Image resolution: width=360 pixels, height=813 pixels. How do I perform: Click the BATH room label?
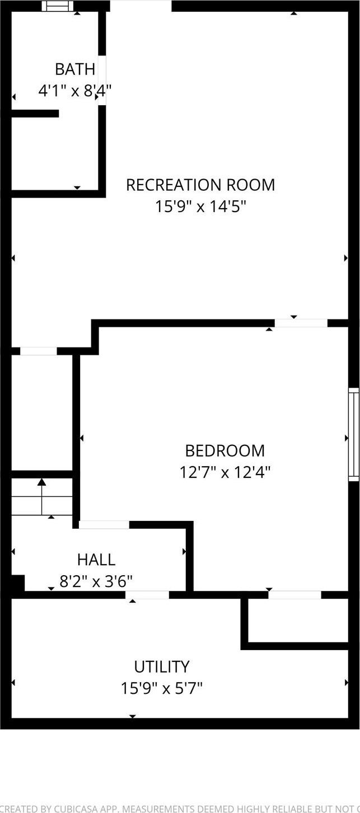tap(74, 69)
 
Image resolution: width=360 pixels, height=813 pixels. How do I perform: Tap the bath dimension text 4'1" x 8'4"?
tap(74, 90)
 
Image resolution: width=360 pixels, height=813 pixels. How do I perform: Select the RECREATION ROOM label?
tap(200, 185)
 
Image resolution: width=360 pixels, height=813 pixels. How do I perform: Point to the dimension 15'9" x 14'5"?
tap(200, 206)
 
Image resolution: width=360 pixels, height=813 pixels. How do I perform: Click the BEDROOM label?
tap(225, 450)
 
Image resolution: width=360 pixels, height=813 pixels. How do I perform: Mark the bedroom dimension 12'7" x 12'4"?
tap(225, 472)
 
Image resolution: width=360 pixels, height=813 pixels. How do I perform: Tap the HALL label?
tap(96, 559)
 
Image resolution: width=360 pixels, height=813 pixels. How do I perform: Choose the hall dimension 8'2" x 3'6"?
tap(96, 581)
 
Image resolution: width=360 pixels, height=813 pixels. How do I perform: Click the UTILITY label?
tap(161, 666)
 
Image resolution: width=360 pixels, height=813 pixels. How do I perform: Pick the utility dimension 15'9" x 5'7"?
tap(161, 688)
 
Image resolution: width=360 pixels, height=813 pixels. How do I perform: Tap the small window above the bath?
tap(58, 6)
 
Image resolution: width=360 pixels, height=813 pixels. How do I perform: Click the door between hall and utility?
tap(147, 595)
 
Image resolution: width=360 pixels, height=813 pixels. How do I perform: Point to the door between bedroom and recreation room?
tap(301, 323)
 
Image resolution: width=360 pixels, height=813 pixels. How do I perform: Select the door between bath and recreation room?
tap(102, 78)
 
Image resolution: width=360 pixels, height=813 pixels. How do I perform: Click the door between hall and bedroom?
tap(104, 525)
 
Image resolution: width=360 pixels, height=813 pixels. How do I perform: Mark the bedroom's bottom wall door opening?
tap(294, 595)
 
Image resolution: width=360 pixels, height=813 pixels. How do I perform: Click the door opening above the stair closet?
tap(38, 351)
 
